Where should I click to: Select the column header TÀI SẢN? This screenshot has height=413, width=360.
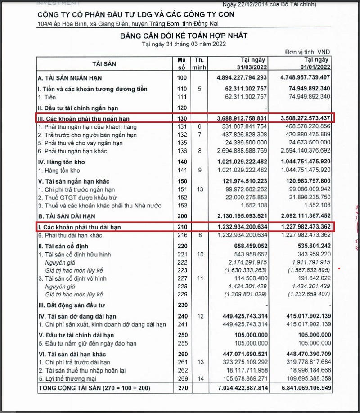[104, 64]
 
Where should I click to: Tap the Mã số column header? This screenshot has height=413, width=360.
[182, 64]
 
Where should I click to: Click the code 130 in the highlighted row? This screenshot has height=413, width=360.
[182, 118]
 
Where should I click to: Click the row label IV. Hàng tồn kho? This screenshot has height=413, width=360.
[62, 162]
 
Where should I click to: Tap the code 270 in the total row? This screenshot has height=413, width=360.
[182, 388]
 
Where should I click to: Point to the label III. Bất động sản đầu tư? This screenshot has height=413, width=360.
[72, 305]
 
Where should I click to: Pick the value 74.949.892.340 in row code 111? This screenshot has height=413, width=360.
[304, 97]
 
